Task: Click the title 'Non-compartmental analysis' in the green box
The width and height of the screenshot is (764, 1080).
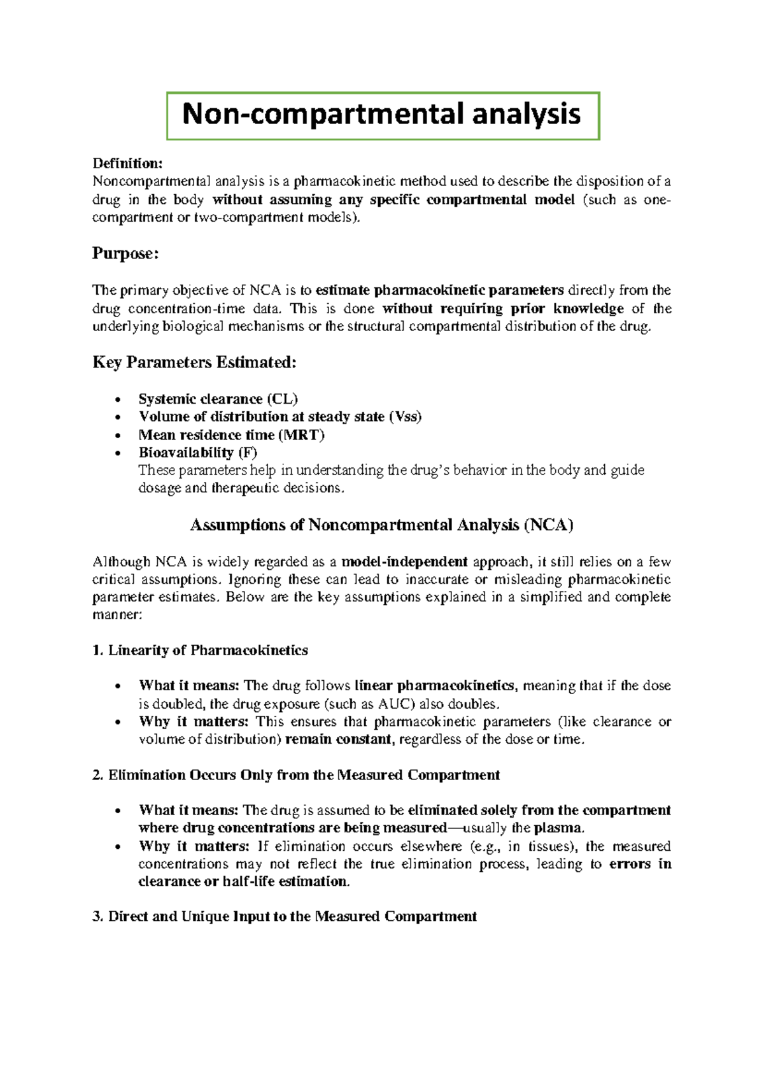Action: tap(381, 115)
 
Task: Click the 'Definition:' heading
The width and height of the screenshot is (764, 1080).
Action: tap(127, 164)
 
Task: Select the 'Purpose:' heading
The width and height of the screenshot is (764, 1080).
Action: tap(125, 253)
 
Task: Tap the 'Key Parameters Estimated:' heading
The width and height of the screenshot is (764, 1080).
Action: tap(194, 362)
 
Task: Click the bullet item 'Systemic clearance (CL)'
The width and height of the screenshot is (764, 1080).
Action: tap(218, 399)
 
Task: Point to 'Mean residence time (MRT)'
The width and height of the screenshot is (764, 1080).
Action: tap(232, 435)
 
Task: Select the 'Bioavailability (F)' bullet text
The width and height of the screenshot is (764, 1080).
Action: tap(198, 453)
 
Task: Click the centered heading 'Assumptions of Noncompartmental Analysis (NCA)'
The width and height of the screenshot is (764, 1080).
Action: tap(382, 525)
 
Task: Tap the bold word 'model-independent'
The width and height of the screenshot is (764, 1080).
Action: tap(405, 562)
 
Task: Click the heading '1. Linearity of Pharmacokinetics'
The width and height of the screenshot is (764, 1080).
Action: tap(200, 650)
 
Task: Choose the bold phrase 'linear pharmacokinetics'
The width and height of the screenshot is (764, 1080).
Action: tap(434, 686)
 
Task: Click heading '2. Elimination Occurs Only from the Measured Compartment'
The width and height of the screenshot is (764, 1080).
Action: tap(296, 775)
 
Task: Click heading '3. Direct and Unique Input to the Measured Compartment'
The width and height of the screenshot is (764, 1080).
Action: tap(285, 916)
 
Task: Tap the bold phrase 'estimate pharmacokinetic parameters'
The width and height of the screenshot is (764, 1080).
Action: tap(440, 290)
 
